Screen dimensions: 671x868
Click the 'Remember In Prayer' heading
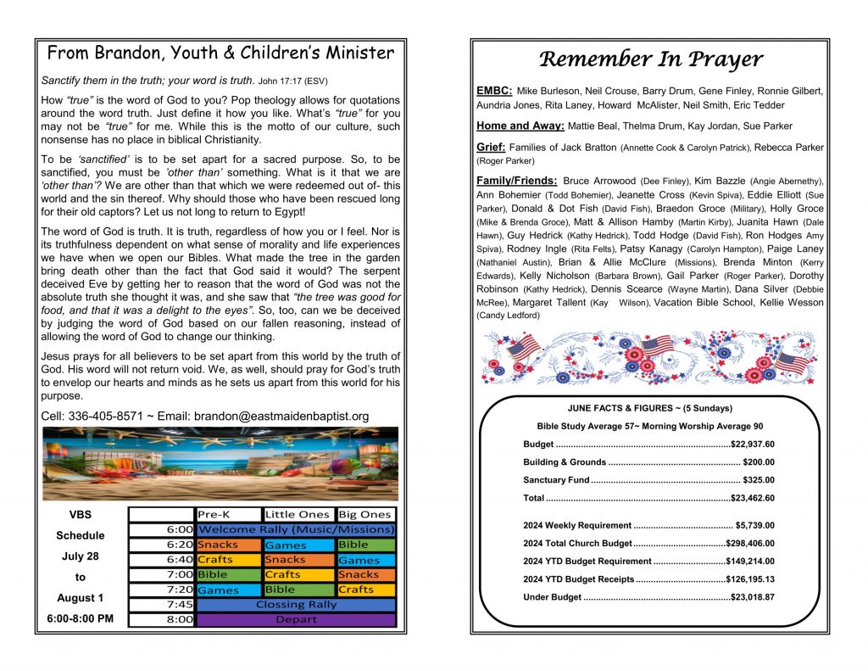pos(651,59)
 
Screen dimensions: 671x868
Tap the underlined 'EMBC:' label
pos(494,90)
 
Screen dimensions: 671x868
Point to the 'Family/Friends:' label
pos(517,181)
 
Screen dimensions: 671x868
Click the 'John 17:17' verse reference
pos(283,81)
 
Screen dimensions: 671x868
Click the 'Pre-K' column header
pos(214,514)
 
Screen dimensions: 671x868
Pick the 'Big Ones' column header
pos(364,514)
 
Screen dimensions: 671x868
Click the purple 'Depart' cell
pos(296,619)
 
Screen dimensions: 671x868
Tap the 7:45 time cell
pos(179,605)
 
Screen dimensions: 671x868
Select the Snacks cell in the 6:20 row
pos(218,545)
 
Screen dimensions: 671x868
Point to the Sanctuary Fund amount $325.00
pos(758,480)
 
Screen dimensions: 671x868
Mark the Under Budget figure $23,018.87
pos(752,597)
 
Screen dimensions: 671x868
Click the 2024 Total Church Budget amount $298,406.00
pos(749,543)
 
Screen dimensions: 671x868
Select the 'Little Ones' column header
pos(297,514)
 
